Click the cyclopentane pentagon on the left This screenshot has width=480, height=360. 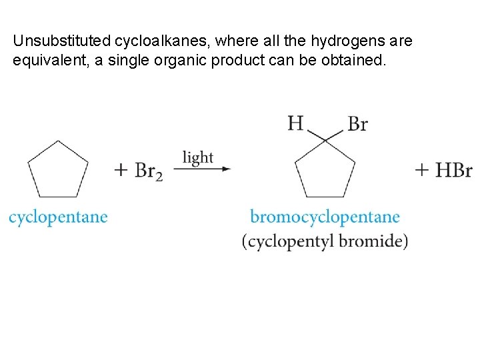(x=59, y=171)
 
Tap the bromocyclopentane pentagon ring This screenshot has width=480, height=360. (x=325, y=171)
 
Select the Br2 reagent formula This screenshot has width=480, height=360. (x=148, y=171)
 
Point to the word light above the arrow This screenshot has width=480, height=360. (x=198, y=157)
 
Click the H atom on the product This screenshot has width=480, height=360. (x=296, y=123)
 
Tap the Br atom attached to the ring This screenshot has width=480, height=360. (x=358, y=124)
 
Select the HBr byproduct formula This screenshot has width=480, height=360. (x=454, y=170)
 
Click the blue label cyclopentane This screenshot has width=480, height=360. (x=58, y=217)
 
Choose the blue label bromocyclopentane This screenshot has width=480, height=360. (x=325, y=217)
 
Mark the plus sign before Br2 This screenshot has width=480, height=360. (x=121, y=170)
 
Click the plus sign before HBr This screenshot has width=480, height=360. (x=422, y=170)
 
